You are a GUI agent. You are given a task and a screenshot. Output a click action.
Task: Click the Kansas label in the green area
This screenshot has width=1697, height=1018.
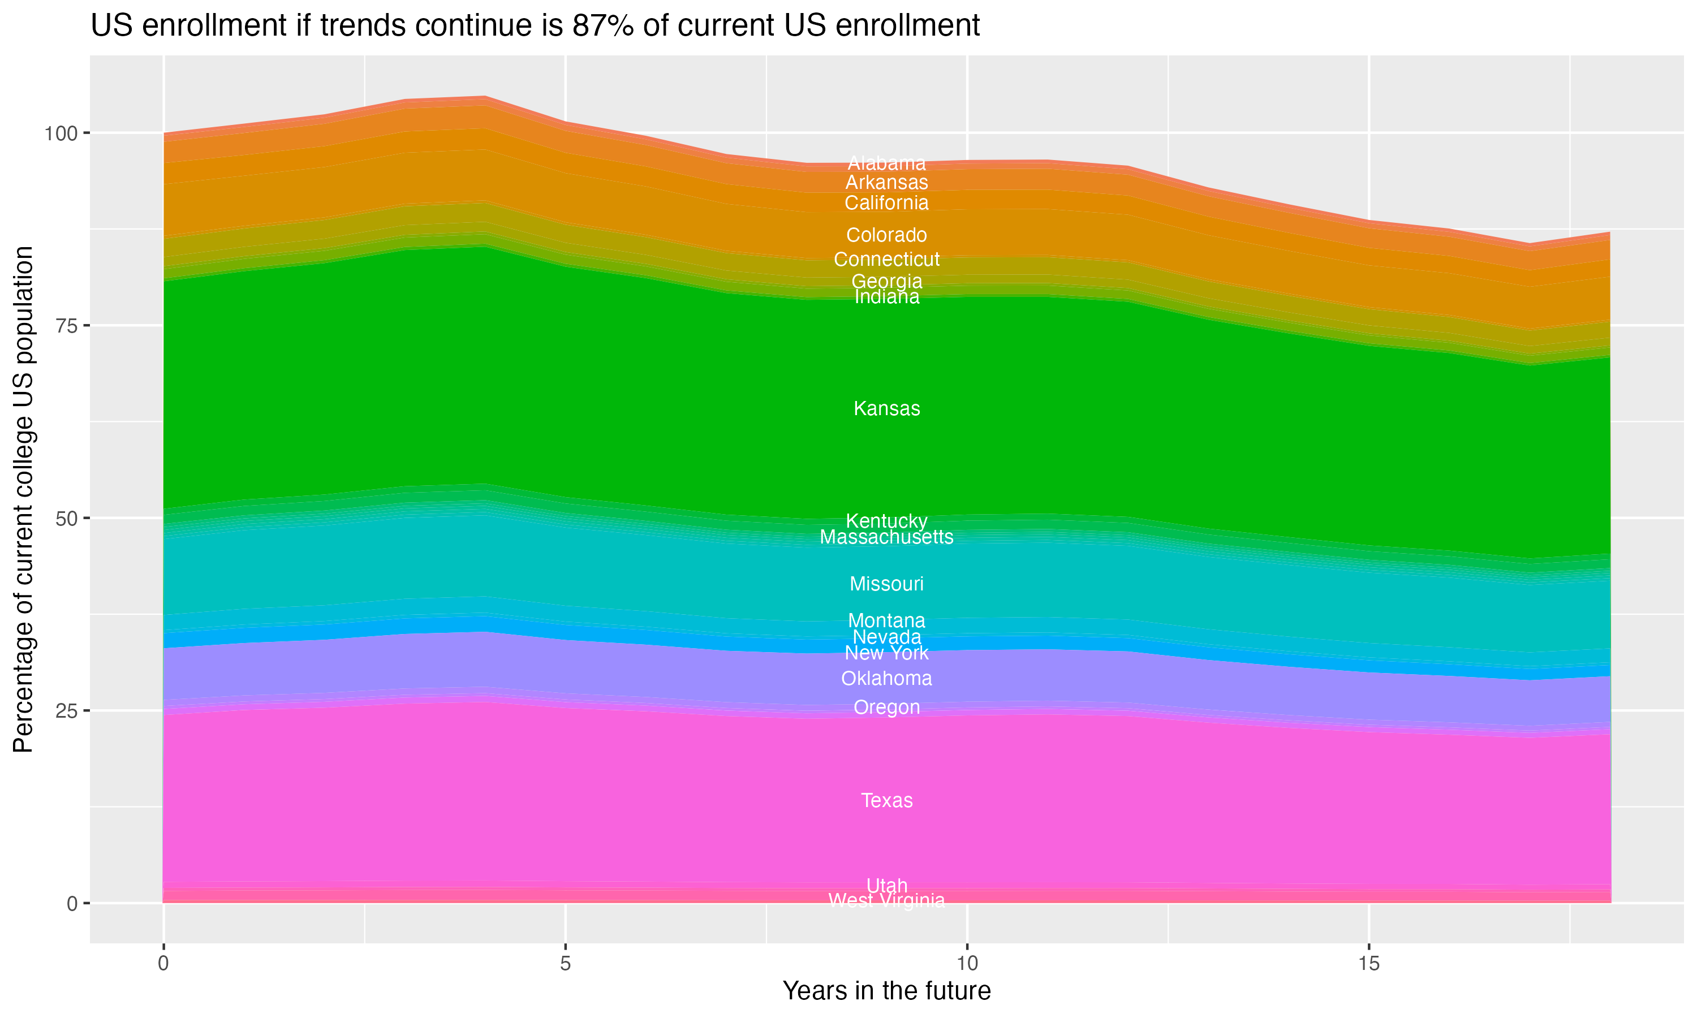[886, 409]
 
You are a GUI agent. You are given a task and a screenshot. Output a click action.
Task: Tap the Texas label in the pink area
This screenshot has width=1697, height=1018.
[886, 800]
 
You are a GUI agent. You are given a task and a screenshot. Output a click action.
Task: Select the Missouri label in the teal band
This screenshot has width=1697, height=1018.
[886, 584]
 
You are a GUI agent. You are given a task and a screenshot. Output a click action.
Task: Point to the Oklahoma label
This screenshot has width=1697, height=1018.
[886, 679]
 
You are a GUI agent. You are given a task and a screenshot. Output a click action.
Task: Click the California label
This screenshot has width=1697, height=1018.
[886, 203]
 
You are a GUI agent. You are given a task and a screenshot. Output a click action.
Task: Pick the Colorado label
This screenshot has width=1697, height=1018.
[886, 235]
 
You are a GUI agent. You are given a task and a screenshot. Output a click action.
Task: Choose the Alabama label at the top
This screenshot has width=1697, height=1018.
[886, 163]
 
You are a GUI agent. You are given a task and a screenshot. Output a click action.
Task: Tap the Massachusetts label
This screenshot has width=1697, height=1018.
[886, 537]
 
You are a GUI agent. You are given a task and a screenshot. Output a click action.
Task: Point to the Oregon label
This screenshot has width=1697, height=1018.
[886, 708]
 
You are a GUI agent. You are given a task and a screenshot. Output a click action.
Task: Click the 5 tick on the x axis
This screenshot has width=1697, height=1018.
[565, 964]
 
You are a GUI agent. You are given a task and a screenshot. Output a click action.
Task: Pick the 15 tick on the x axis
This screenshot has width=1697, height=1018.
[1368, 964]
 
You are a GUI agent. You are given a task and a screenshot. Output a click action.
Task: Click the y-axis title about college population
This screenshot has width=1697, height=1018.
[23, 499]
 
